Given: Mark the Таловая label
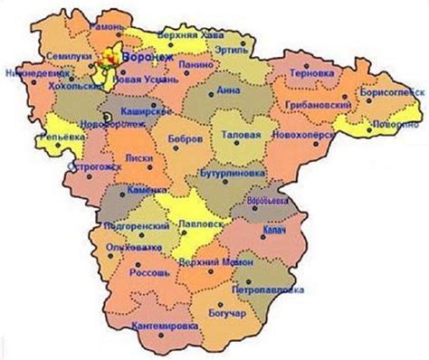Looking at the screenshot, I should point(243,135).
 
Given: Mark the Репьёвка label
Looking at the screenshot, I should point(55,137).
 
